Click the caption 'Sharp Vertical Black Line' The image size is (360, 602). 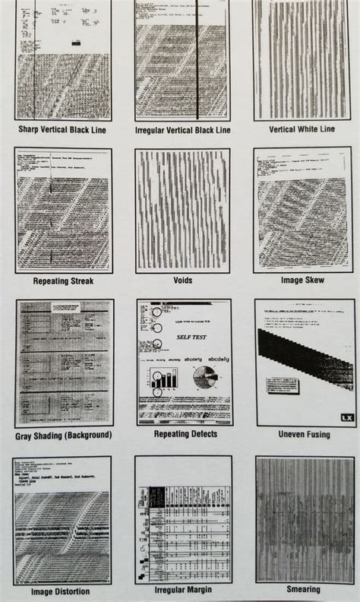click(62, 130)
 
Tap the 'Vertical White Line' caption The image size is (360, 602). click(303, 129)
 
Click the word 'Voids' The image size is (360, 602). click(182, 280)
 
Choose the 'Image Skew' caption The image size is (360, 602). click(303, 280)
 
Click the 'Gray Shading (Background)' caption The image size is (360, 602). click(63, 436)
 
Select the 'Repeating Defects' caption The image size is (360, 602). click(185, 434)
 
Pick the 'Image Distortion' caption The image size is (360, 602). click(61, 591)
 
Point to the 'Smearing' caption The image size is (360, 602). click(303, 589)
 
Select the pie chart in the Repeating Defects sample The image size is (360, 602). click(205, 378)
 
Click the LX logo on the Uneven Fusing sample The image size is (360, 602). click(347, 417)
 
